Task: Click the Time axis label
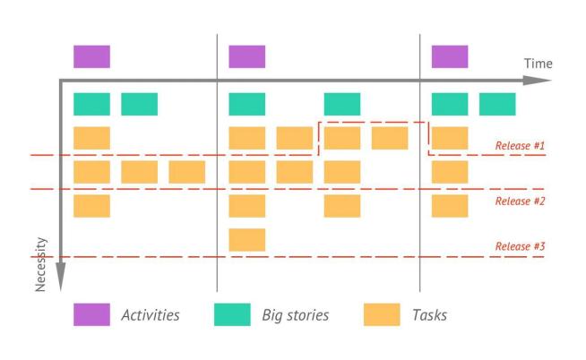[538, 64]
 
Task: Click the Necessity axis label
[40, 264]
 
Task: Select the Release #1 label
[520, 145]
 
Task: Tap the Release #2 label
[520, 201]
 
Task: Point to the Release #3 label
[520, 247]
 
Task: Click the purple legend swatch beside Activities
[91, 314]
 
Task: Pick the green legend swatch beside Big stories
[232, 314]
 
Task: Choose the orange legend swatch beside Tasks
[382, 314]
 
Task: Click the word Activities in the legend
[150, 315]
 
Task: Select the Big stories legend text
[296, 315]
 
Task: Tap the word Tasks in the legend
[429, 315]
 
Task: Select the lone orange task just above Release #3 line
[247, 240]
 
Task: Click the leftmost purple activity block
[91, 56]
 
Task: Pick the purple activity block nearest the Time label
[450, 56]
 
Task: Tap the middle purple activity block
[247, 56]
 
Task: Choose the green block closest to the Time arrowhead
[497, 104]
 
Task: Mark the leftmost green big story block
[91, 104]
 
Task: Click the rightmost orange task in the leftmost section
[186, 171]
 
